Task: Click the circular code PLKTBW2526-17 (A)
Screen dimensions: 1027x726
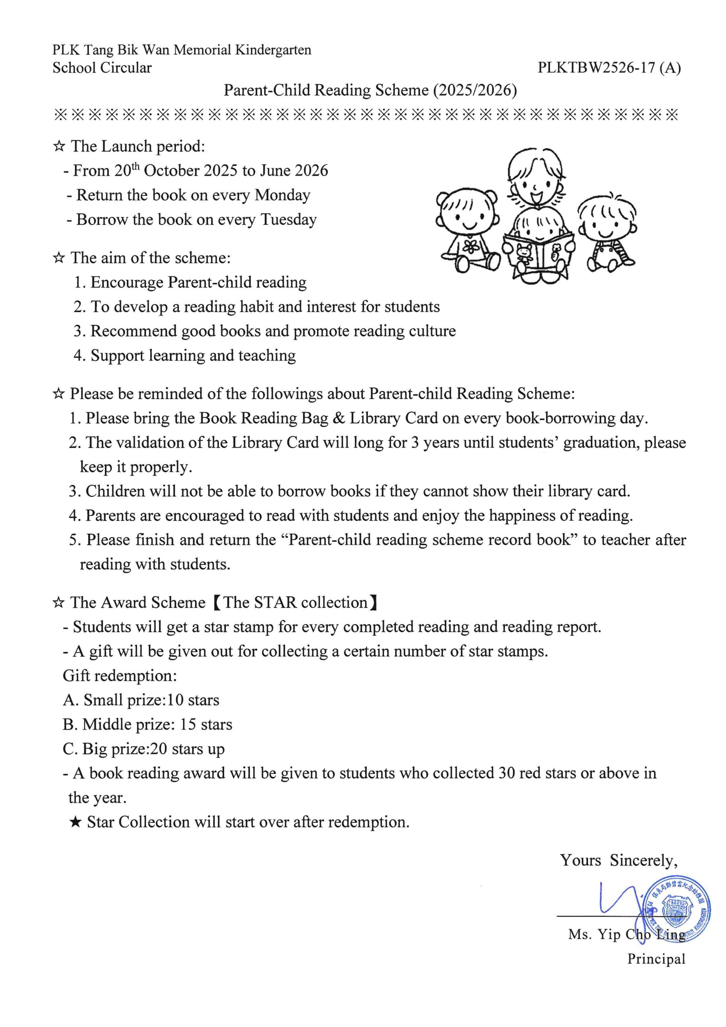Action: [609, 68]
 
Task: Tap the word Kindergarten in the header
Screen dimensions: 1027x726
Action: [273, 50]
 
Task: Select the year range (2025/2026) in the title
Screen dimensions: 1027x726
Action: [475, 90]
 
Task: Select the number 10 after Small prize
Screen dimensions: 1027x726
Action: [175, 700]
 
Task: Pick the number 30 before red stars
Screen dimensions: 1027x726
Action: [507, 773]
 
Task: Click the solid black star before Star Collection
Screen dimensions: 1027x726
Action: [76, 822]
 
